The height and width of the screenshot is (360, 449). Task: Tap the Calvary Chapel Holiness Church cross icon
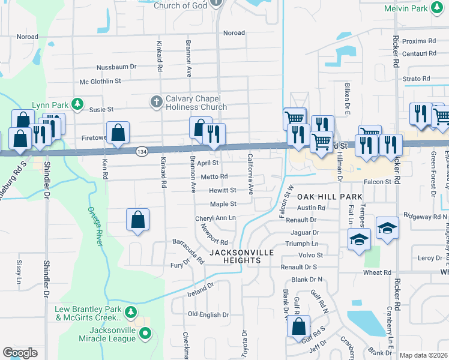(156, 100)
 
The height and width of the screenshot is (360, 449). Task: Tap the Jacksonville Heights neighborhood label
(242, 257)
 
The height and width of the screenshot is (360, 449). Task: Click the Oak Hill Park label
(330, 197)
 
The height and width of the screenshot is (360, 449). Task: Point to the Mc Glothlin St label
(100, 80)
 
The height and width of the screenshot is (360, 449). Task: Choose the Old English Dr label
(209, 314)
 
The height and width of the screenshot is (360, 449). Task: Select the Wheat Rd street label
(377, 272)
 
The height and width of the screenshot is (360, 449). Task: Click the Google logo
(20, 353)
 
